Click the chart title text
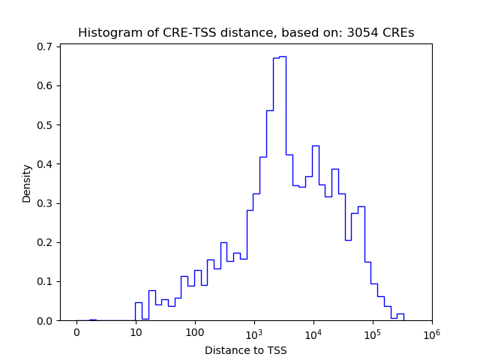pos(245,33)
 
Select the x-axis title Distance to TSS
pos(245,350)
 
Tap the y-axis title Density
pos(27,183)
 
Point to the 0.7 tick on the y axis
pos(44,46)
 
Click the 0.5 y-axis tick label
pos(44,124)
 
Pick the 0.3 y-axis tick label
pos(44,203)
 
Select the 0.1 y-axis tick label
pos(44,281)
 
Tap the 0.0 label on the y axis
pos(44,321)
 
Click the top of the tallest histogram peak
pos(283,56)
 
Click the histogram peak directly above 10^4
pos(316,145)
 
